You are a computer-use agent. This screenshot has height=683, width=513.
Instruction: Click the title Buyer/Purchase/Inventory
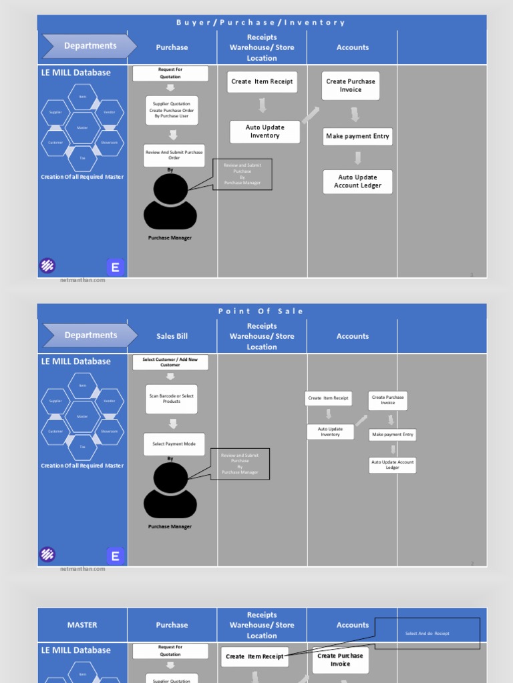tap(261, 23)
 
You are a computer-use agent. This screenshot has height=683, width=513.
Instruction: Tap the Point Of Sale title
tap(261, 311)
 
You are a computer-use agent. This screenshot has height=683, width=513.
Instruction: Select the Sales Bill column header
tap(172, 336)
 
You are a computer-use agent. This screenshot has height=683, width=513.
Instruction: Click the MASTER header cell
tap(82, 625)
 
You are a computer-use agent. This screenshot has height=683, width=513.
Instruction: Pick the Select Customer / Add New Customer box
tap(170, 362)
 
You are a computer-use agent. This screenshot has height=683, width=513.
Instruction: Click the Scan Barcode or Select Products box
tap(172, 399)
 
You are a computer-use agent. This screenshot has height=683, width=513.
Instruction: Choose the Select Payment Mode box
tap(174, 444)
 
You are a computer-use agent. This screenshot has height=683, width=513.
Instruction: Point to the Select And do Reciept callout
tap(427, 633)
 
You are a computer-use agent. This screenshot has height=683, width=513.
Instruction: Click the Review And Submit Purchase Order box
tap(174, 155)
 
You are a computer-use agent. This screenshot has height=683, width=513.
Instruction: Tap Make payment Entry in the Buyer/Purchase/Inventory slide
tap(357, 137)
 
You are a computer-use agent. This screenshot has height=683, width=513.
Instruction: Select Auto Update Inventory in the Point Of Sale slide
tap(330, 432)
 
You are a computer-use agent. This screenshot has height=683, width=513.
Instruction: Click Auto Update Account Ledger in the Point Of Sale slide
tap(393, 465)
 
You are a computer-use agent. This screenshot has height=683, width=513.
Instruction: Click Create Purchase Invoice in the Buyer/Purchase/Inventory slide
tap(351, 85)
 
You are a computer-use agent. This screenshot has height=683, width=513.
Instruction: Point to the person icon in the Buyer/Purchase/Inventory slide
tap(170, 201)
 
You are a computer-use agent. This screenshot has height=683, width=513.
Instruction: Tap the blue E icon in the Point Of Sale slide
tap(116, 556)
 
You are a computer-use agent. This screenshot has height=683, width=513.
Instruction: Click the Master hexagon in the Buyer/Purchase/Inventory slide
tap(82, 127)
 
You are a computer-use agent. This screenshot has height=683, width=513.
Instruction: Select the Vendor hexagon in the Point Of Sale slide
tap(110, 401)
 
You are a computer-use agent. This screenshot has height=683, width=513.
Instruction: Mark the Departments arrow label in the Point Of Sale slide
tap(90, 335)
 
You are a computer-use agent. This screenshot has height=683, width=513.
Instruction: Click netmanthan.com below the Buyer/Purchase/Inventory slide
tap(83, 280)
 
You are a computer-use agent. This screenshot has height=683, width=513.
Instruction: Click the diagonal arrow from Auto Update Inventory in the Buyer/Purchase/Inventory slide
tap(311, 115)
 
